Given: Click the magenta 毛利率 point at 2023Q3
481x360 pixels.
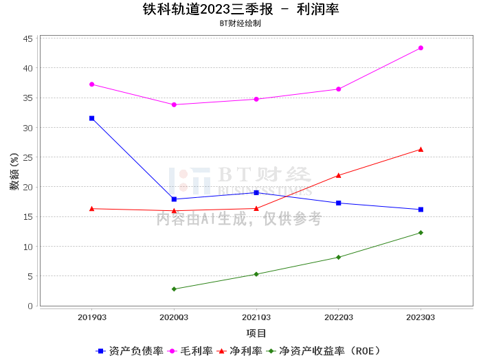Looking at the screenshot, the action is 421,48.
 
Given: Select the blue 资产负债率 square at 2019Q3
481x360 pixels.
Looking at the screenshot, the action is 91,118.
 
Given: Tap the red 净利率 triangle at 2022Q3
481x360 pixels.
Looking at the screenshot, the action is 338,175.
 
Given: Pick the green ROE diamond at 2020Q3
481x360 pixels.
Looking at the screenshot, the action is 174,289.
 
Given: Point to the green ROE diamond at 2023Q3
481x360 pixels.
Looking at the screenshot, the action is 421,233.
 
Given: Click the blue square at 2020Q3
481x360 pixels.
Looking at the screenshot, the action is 174,199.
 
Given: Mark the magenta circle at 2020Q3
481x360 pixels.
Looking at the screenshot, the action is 174,105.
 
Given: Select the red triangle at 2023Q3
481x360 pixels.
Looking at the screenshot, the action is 421,149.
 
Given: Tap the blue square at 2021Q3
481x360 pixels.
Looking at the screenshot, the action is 256,192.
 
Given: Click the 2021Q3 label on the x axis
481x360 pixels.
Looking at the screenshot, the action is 256,317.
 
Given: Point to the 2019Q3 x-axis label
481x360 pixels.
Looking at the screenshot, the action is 92,317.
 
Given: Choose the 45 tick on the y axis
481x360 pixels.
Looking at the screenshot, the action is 28,38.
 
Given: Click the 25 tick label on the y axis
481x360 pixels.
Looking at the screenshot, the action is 28,157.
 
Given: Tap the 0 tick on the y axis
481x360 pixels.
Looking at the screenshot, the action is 30,306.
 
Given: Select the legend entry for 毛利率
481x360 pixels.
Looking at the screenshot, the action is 190,351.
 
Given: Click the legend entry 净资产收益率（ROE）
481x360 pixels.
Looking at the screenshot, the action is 324,351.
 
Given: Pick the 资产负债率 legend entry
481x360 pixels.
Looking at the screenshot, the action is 129,351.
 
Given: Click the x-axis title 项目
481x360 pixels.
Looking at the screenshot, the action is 256,333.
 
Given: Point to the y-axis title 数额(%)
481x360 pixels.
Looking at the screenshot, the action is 14,172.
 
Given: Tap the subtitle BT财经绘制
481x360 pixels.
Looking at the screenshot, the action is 240,23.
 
